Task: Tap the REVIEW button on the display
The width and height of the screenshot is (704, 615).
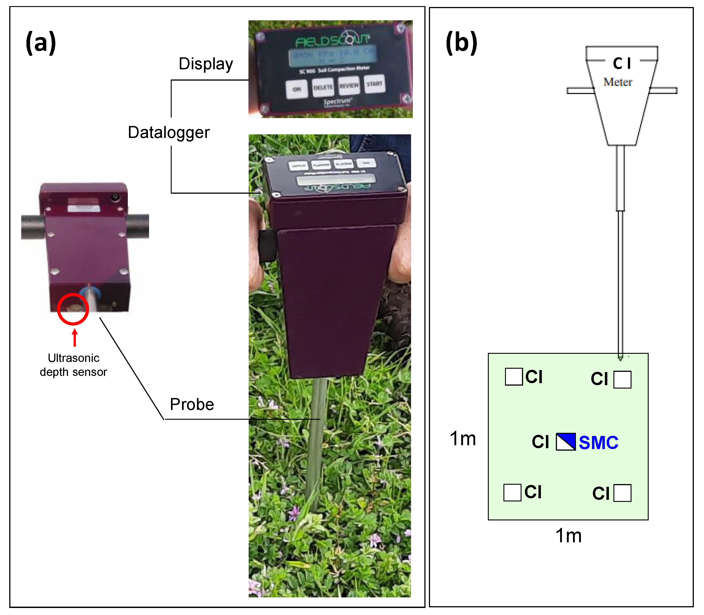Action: point(349,86)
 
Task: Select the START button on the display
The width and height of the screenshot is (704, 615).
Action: point(374,84)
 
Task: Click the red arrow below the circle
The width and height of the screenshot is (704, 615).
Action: point(75,338)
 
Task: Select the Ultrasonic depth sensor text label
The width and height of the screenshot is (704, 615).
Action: point(73,365)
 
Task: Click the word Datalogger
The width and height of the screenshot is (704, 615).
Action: point(168,133)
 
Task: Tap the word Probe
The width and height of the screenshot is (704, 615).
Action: point(192,404)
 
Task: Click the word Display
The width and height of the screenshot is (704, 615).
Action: point(206,64)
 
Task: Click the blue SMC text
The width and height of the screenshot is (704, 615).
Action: point(598,442)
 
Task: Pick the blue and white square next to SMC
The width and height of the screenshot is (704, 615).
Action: point(566,442)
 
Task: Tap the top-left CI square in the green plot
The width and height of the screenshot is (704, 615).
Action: point(514,377)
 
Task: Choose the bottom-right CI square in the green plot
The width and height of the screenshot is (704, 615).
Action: point(622,493)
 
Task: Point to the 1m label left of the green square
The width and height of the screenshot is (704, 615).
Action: point(463,439)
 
